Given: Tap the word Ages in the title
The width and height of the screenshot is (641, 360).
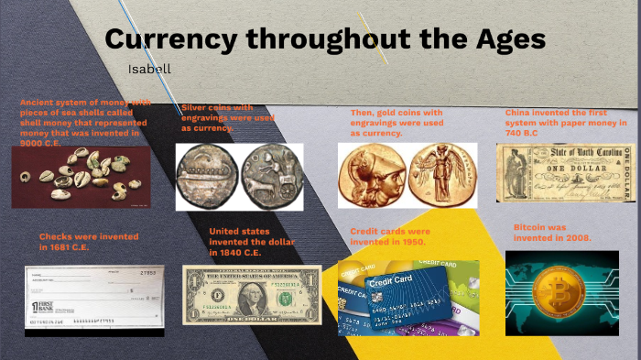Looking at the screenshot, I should pyautogui.click(x=504, y=39).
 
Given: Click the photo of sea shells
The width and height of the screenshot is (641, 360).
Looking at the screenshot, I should pyautogui.click(x=81, y=175).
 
